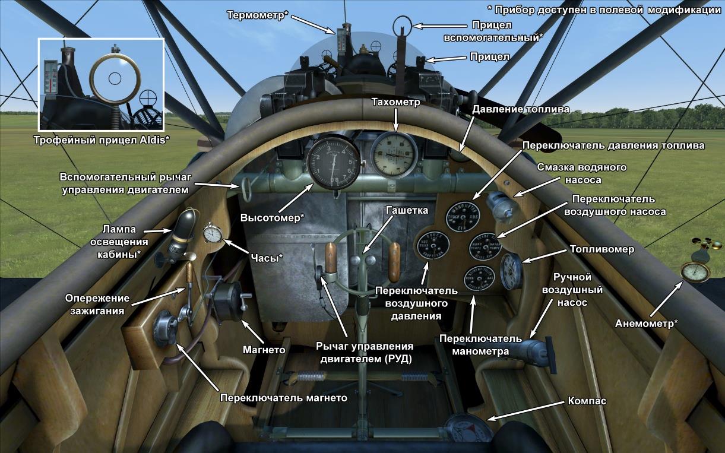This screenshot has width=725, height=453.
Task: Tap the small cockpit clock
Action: (213, 233)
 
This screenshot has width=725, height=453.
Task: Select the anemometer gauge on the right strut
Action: (695, 272)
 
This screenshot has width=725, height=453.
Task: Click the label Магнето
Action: (264, 350)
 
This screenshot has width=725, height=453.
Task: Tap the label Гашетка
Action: (406, 211)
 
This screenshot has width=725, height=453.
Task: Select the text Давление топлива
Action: (521, 109)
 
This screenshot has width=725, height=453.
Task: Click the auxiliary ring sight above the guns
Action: (403, 24)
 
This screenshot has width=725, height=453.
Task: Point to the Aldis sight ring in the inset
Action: (115, 77)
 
